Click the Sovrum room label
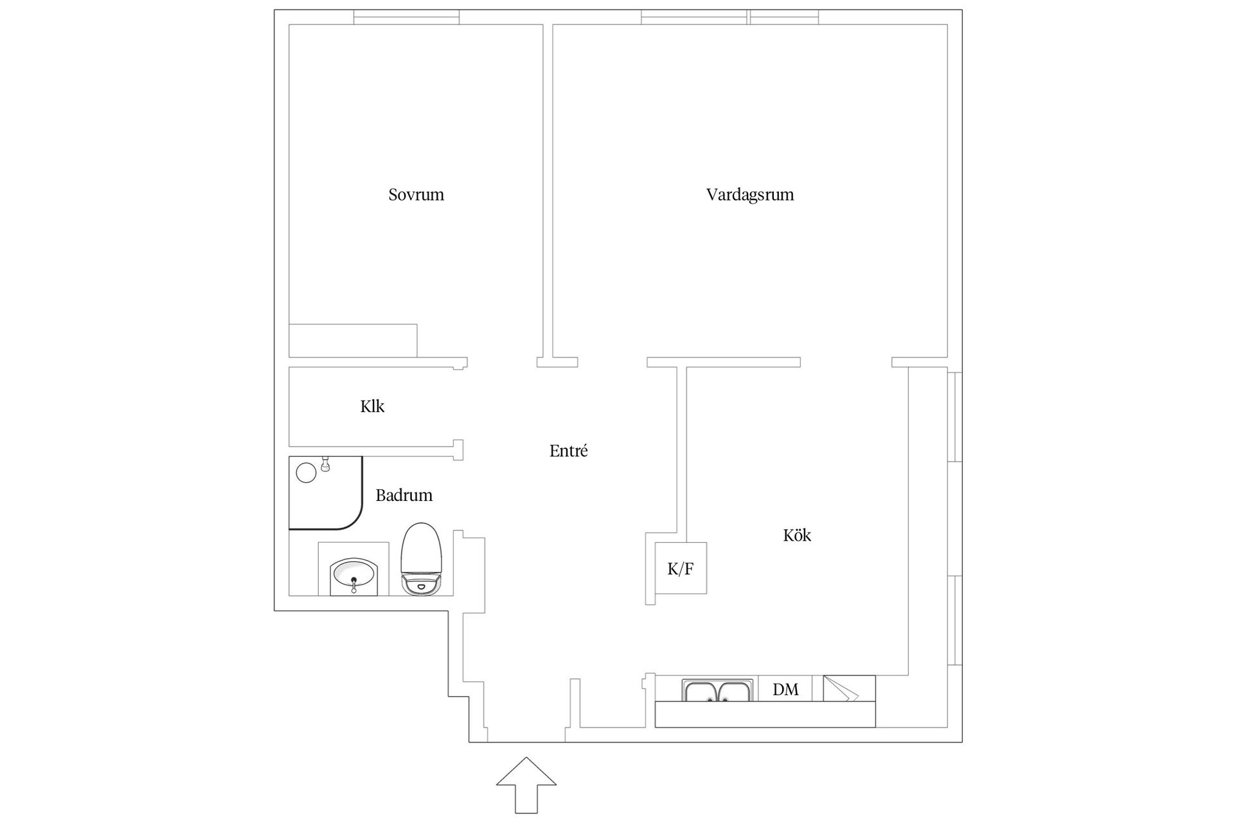coord(416,194)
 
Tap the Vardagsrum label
coord(749,194)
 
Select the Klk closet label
coord(372,406)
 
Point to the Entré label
coord(568,451)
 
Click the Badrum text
coord(404,495)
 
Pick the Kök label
coord(797,535)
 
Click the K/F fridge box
coord(681,568)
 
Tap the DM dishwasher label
coord(785,690)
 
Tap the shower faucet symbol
coord(325,463)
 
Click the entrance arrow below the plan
coord(526,784)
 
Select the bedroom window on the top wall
coord(406,17)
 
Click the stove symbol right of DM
coord(848,689)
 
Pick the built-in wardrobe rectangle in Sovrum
coord(353,340)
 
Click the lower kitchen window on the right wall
coord(955,620)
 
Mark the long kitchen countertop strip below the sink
coord(765,714)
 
